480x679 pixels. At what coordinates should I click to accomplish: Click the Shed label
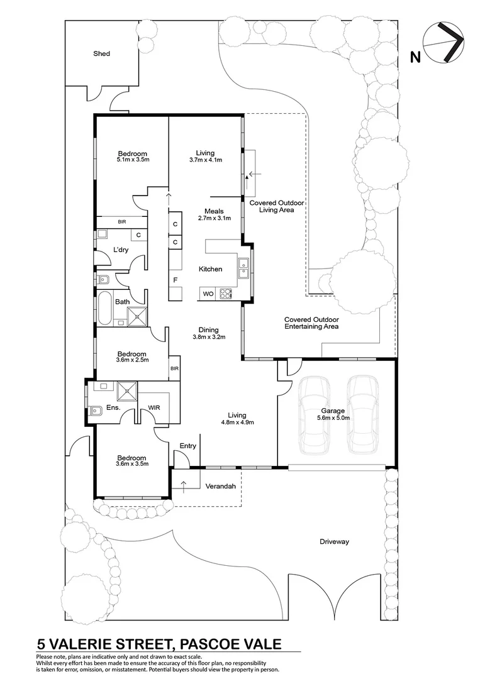[x=101, y=53]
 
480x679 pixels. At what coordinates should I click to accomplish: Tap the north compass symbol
[x=444, y=43]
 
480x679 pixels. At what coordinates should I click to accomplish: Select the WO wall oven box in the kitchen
[x=208, y=294]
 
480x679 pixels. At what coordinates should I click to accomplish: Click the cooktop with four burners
[x=226, y=294]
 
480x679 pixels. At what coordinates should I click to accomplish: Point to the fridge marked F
[x=176, y=280]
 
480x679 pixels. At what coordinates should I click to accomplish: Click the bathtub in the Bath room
[x=105, y=308]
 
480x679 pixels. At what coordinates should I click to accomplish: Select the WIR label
[x=154, y=407]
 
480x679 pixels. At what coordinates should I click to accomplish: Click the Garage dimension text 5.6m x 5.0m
[x=333, y=418]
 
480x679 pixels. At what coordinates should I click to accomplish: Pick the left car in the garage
[x=314, y=415]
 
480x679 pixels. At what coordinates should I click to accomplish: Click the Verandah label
[x=221, y=486]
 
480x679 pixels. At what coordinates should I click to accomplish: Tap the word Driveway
[x=334, y=542]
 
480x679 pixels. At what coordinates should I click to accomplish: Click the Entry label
[x=187, y=446]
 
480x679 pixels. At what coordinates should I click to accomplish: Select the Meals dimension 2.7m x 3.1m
[x=214, y=218]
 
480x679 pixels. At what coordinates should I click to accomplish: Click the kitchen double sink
[x=243, y=268]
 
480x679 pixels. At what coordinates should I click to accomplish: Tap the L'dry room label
[x=120, y=250]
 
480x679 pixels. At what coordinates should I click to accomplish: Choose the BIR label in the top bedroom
[x=122, y=222]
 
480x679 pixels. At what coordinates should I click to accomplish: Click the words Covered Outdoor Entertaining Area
[x=311, y=323]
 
